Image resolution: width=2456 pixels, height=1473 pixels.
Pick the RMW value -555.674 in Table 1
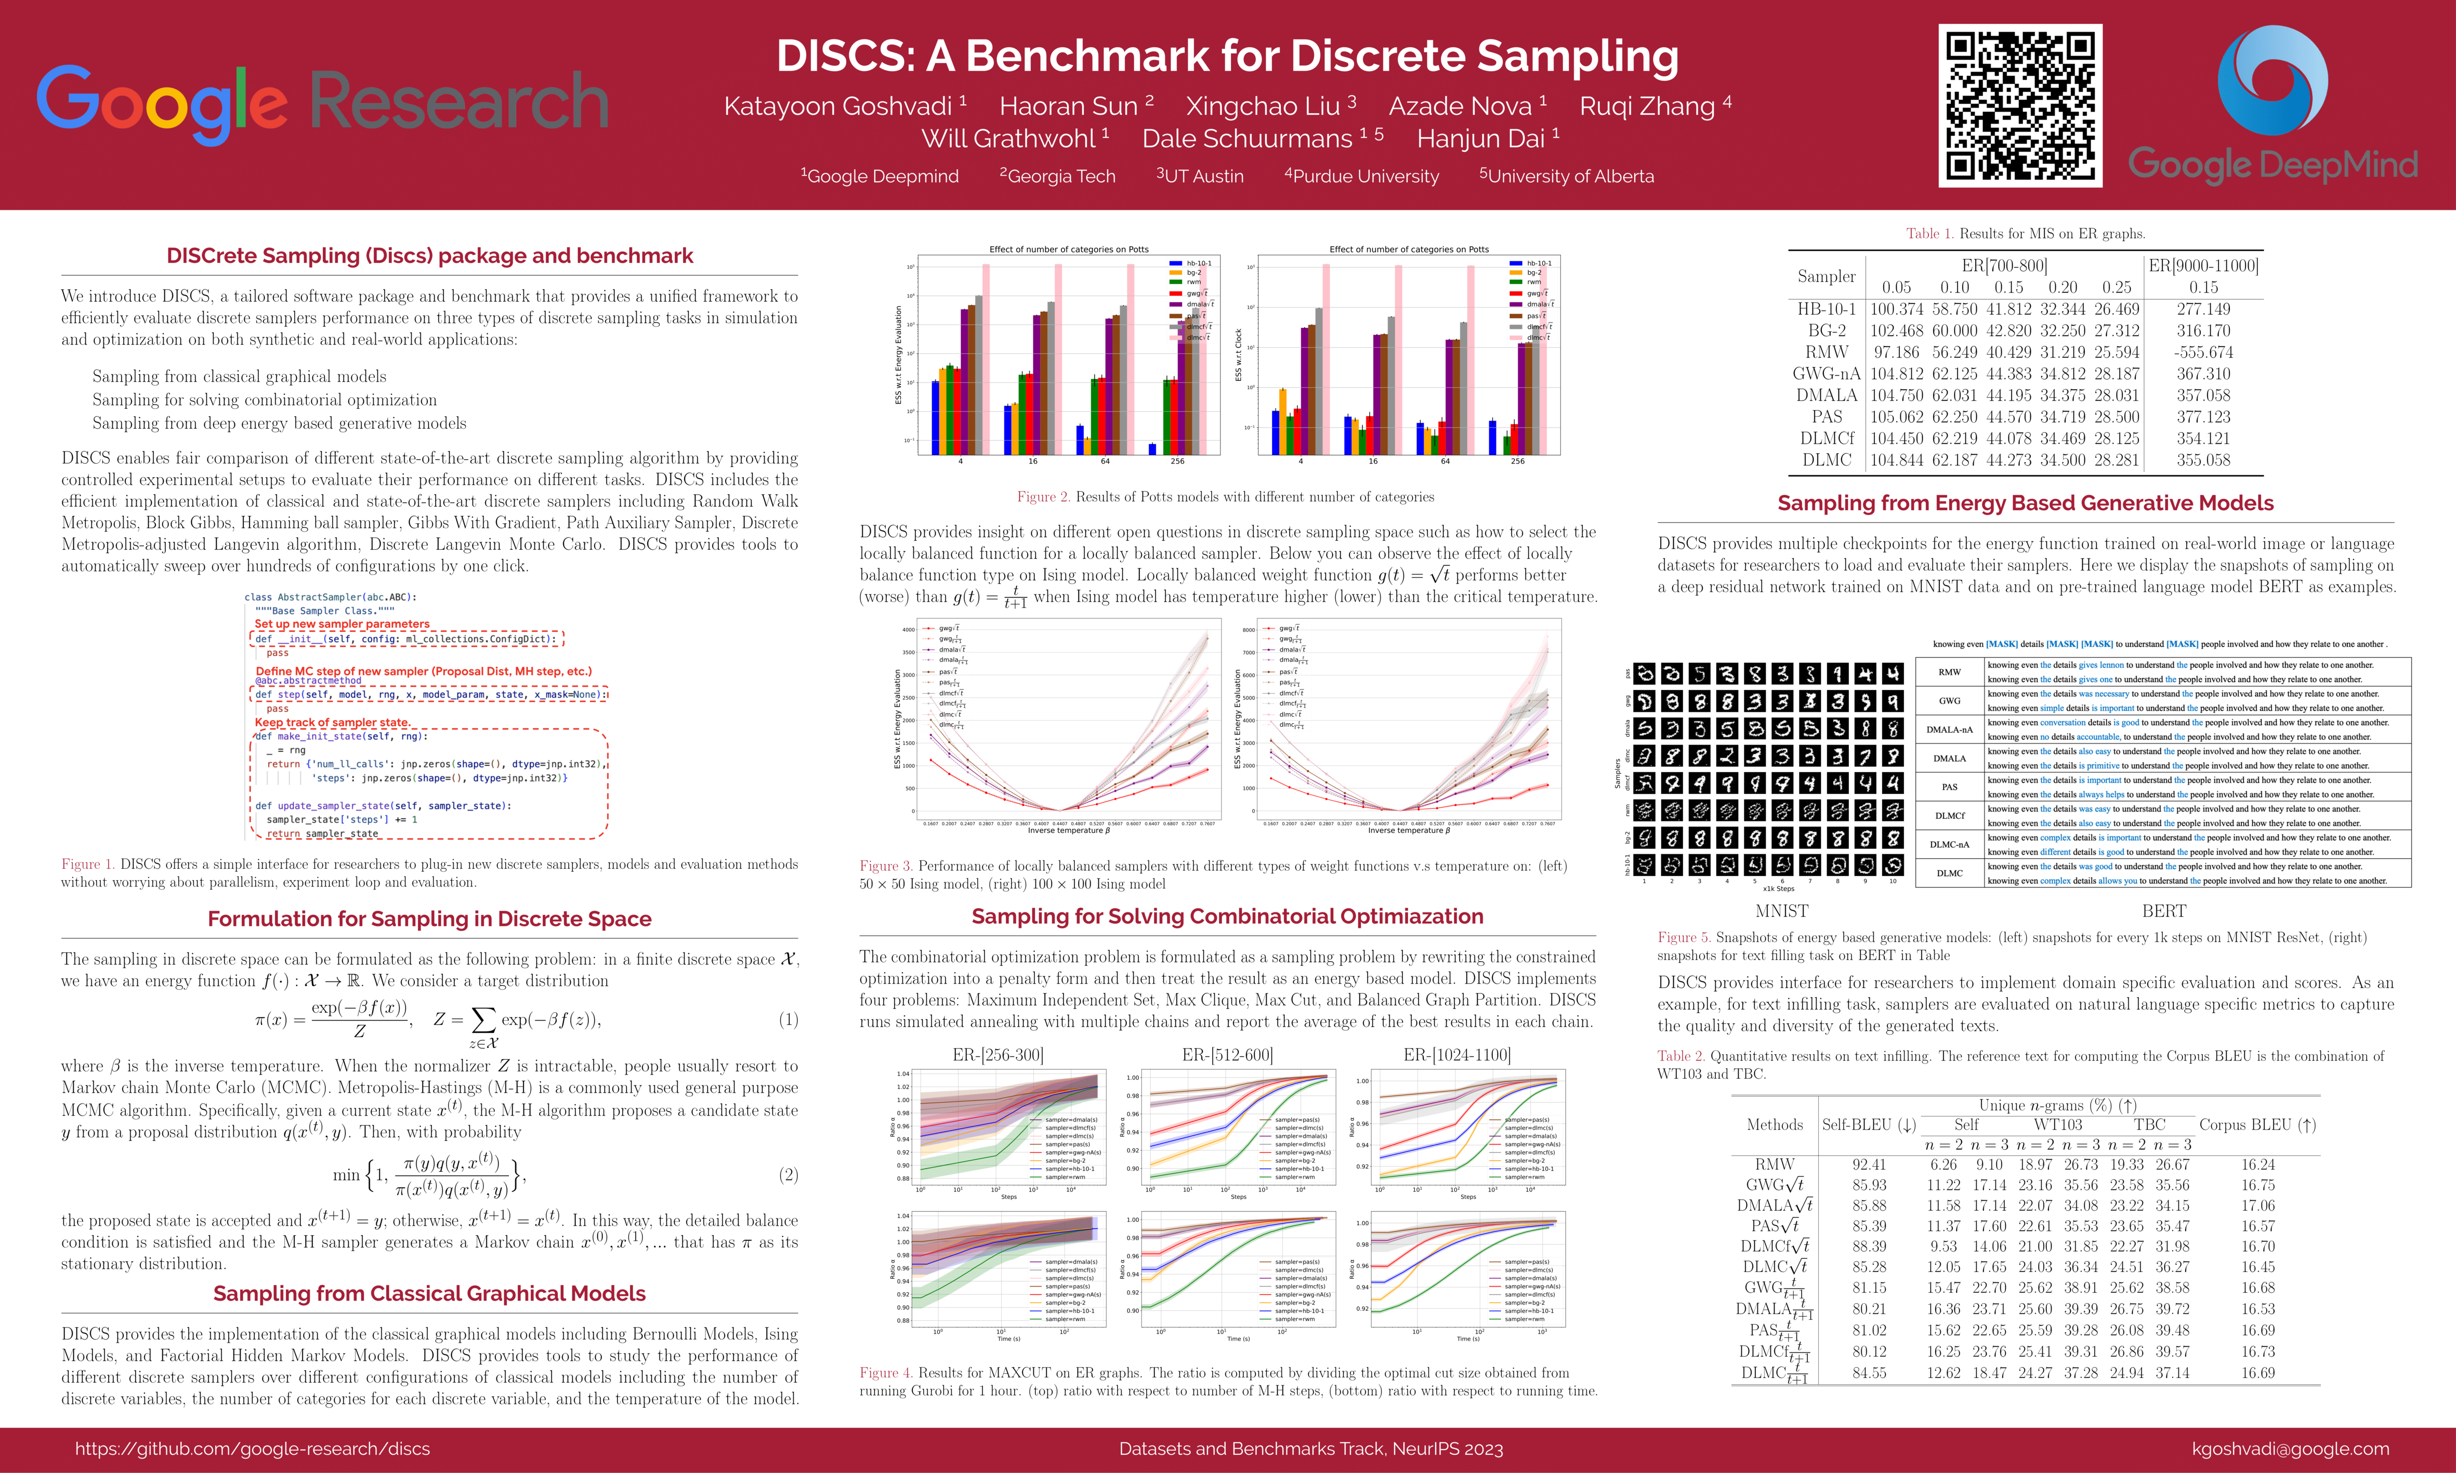2203,352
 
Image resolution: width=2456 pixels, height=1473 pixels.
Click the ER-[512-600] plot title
1227,1054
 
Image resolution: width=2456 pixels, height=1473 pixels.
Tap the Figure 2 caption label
1042,496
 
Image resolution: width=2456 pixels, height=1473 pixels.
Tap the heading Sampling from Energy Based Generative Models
2025,503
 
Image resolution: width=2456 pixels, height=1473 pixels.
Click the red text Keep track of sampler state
332,723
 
